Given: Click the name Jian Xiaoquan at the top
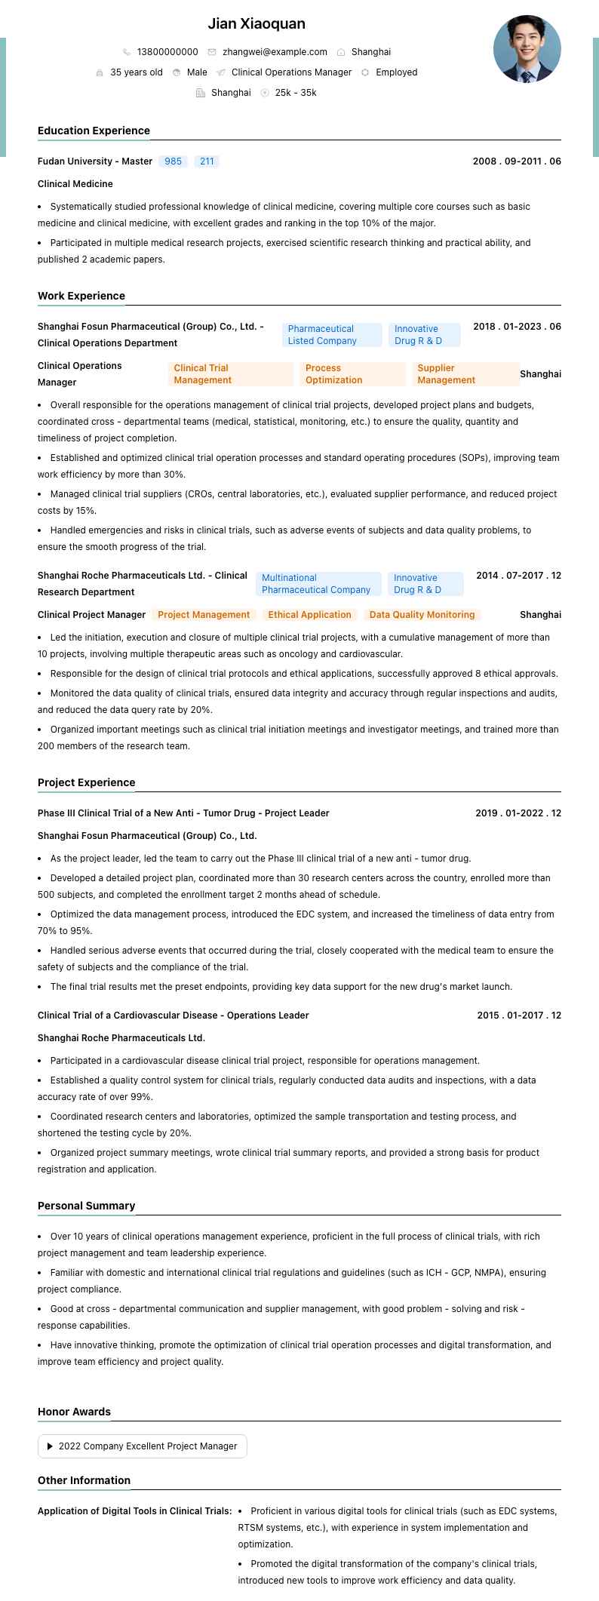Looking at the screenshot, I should (256, 24).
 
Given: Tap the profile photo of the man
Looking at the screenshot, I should (527, 49).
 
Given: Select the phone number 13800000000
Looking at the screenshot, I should (167, 52).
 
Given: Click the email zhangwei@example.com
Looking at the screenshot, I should (275, 52).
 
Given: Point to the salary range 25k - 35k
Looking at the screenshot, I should (296, 93).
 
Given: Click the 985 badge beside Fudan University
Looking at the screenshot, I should (174, 161).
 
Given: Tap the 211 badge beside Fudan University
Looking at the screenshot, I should (207, 161).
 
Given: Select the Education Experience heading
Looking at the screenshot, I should (94, 131).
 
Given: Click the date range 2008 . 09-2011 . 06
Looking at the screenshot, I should (517, 161).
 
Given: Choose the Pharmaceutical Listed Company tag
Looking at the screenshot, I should (332, 335).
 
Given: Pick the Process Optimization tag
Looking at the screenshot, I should (352, 374).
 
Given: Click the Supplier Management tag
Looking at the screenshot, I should (464, 374).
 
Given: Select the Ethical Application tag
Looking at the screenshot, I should (309, 615).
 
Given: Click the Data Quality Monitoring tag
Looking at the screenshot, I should (422, 615).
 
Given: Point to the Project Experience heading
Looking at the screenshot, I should (86, 782).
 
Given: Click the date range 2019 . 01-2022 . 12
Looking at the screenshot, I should (518, 813).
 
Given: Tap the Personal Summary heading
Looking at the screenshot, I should (86, 1206).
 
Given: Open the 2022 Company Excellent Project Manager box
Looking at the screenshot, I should (143, 1446).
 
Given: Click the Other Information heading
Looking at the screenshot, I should (84, 1480).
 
